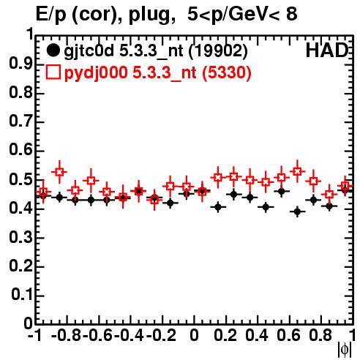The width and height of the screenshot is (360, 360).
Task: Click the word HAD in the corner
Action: pyautogui.click(x=327, y=50)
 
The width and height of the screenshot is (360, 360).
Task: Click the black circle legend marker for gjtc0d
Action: pyautogui.click(x=53, y=50)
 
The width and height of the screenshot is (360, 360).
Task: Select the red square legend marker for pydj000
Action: pyautogui.click(x=53, y=72)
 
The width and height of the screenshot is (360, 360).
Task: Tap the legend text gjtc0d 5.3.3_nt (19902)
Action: pyautogui.click(x=156, y=51)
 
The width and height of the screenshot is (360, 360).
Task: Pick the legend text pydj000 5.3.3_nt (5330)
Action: pyautogui.click(x=158, y=72)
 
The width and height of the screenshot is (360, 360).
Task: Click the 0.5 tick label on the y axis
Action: pyautogui.click(x=20, y=179)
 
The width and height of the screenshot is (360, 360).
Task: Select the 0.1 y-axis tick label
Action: pyautogui.click(x=22, y=295)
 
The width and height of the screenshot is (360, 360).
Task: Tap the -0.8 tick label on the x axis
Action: pyautogui.click(x=67, y=336)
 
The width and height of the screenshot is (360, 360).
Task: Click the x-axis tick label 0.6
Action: pyautogui.click(x=289, y=336)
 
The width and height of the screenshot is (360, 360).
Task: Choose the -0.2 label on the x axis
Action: pyautogui.click(x=162, y=336)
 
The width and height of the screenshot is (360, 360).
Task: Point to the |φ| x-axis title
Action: pyautogui.click(x=345, y=350)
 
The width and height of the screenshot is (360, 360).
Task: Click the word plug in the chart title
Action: pyautogui.click(x=149, y=15)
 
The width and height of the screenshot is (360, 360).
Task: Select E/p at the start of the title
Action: pyautogui.click(x=51, y=15)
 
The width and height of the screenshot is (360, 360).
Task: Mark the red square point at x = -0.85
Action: pyautogui.click(x=59, y=172)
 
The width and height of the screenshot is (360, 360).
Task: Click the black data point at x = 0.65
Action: pyautogui.click(x=297, y=211)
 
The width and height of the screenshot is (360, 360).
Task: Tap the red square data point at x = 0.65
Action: pyautogui.click(x=297, y=171)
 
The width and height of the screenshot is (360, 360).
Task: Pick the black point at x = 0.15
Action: pyautogui.click(x=218, y=207)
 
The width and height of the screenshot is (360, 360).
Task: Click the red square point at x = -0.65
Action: pyautogui.click(x=91, y=181)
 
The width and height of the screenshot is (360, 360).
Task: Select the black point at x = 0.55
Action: pyautogui.click(x=282, y=192)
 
